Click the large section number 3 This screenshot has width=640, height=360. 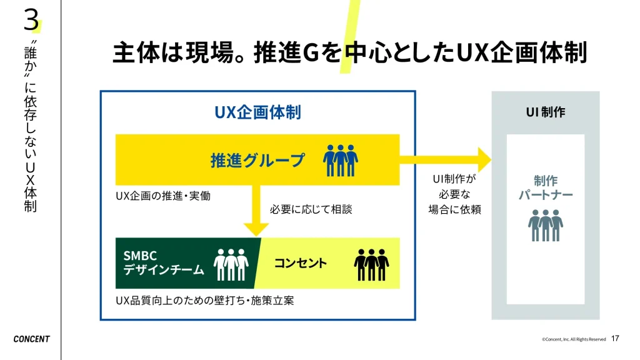[x=31, y=19]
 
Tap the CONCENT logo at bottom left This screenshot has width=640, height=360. [x=31, y=339]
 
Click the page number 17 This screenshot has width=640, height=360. [x=615, y=338]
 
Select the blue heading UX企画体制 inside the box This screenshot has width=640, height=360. [x=257, y=112]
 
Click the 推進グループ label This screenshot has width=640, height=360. [x=257, y=161]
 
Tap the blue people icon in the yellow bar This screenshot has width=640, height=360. [x=341, y=161]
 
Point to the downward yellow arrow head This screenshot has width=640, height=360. [x=256, y=229]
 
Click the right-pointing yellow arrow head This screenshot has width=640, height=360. [x=484, y=160]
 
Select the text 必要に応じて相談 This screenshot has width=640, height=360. [x=311, y=209]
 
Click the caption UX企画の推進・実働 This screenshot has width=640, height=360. [x=163, y=196]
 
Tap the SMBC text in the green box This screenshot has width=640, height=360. [x=140, y=256]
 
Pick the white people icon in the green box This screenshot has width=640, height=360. [x=231, y=264]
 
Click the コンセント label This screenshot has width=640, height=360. [x=301, y=263]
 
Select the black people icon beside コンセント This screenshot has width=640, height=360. [x=371, y=264]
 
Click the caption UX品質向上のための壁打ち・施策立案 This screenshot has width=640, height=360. [x=205, y=301]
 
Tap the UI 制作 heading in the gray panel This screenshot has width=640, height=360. [x=545, y=112]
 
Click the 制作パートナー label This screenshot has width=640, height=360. [x=545, y=187]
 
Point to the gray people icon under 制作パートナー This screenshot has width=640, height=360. [x=545, y=225]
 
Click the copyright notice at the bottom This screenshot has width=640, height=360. [x=574, y=339]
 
